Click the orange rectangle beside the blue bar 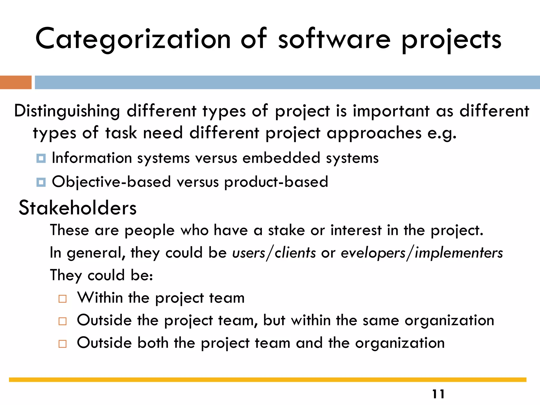(x=16, y=82)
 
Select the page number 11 (x=438, y=394)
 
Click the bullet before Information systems (x=41, y=158)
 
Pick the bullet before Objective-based (x=41, y=182)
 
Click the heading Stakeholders (x=78, y=208)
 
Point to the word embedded (x=281, y=158)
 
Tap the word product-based (x=276, y=182)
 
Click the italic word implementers (x=459, y=253)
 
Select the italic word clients (x=295, y=253)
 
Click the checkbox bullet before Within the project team (x=62, y=299)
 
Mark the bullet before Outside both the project (x=62, y=344)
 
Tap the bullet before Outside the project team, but (x=62, y=321)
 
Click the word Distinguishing (x=67, y=111)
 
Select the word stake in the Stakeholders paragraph (x=286, y=230)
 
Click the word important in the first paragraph (x=391, y=111)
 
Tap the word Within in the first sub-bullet (x=100, y=298)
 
